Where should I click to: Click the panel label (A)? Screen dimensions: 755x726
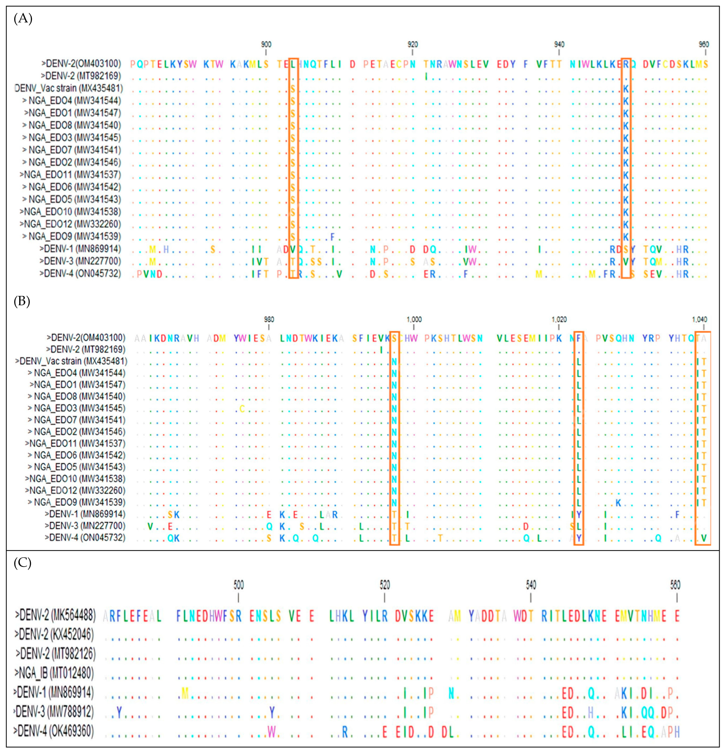[23, 18]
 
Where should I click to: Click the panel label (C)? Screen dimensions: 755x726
[22, 563]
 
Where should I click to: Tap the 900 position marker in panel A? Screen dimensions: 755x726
[266, 45]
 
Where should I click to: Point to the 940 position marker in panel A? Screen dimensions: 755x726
[559, 45]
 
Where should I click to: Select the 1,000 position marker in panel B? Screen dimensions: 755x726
[414, 319]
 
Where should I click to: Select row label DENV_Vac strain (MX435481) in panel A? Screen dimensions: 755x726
[69, 88]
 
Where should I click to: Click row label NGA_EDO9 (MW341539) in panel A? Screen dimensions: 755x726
[71, 236]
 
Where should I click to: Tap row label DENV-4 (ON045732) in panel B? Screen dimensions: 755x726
[85, 537]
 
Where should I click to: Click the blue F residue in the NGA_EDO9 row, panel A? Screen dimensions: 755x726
[333, 236]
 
